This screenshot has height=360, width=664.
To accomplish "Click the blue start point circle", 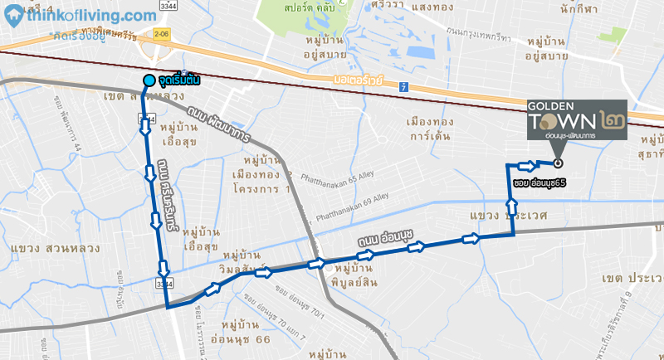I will click(149, 80).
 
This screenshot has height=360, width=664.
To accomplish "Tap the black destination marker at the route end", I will click(558, 163).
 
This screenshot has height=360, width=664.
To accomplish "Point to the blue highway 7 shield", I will click(403, 86).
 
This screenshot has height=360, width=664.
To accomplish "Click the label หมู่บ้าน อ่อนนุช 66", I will click(241, 332).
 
